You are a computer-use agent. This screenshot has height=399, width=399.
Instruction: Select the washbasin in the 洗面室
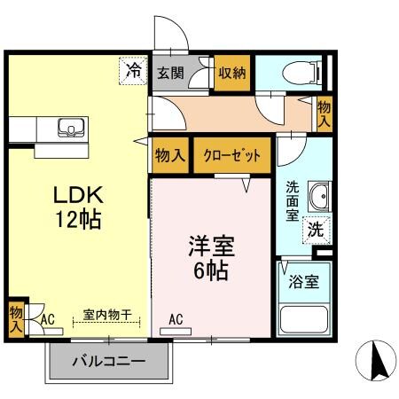317,194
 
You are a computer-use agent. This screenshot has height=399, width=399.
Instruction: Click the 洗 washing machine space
315,227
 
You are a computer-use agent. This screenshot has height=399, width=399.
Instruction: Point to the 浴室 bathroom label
304,283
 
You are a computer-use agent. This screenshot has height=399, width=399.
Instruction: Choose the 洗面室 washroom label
292,199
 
